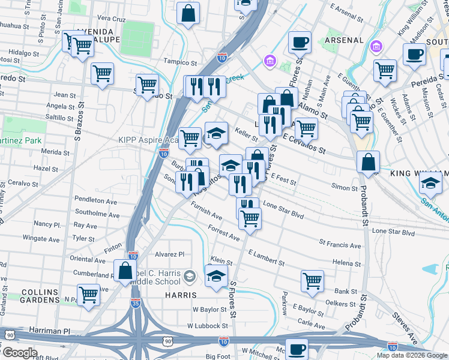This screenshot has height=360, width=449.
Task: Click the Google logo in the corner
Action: (19, 353)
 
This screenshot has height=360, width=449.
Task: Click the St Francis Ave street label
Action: (340, 245)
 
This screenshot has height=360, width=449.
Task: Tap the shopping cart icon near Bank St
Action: (313, 280)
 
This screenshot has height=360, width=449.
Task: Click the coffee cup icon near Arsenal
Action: (300, 42)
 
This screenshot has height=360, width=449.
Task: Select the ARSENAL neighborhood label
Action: (344, 40)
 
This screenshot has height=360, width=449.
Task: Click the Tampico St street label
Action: (181, 62)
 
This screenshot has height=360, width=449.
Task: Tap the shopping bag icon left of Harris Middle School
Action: (125, 270)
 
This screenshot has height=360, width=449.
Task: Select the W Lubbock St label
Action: (207, 326)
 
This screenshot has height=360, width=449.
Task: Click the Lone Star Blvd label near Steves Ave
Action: (393, 232)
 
